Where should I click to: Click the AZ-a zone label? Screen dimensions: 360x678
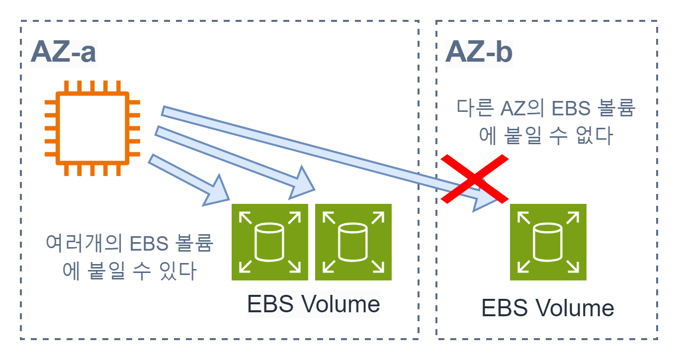pos(63,53)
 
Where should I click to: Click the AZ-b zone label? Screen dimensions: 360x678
pos(478,53)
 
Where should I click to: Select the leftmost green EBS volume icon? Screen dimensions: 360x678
pos(270,242)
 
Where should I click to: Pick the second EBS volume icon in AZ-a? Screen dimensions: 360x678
pos(353,242)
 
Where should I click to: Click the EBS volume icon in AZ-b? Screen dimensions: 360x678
pos(548,242)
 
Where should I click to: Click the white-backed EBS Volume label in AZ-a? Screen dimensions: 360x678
pos(313,304)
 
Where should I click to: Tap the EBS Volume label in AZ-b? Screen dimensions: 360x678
pos(547,308)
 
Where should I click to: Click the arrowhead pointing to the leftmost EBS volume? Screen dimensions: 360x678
pos(217,191)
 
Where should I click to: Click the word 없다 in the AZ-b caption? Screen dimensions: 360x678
pos(593,135)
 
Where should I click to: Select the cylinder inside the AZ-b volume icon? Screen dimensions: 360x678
pos(548,242)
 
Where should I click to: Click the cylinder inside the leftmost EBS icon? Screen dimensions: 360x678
pos(270,242)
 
